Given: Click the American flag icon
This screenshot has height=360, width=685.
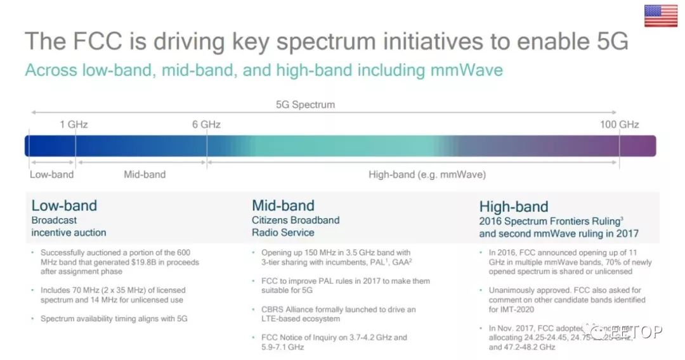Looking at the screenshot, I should click(x=661, y=16).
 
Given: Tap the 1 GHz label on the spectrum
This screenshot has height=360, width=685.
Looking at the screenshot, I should click(x=74, y=124).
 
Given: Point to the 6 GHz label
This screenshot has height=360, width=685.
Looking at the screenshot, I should click(x=206, y=124).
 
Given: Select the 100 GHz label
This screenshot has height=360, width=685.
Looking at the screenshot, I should click(x=619, y=124).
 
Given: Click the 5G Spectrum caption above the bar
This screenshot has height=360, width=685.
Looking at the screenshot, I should click(x=305, y=105).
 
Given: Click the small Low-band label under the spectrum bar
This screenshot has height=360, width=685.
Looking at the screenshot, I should click(x=51, y=174).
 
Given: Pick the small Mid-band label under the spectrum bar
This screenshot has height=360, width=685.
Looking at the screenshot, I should click(x=145, y=174).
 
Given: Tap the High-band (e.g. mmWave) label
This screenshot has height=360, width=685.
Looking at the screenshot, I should click(x=427, y=174).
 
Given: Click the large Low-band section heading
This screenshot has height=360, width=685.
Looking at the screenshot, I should click(x=64, y=205).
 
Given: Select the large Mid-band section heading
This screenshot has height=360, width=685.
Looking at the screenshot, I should click(x=283, y=205).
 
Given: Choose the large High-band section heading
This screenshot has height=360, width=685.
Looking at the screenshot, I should click(x=514, y=207).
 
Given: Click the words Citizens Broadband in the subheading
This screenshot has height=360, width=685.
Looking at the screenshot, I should click(x=296, y=221).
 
